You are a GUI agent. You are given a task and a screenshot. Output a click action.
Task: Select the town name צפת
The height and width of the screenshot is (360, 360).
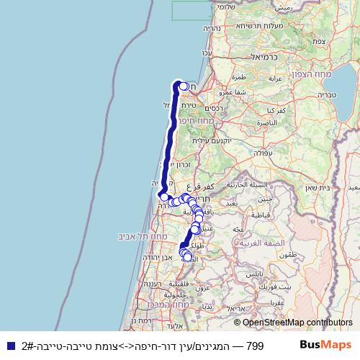coord(320,42)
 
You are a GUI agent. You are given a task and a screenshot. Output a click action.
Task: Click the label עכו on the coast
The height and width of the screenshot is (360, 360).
coord(207,52)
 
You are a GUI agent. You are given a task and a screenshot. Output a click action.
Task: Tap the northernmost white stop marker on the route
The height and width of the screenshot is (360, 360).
coord(184,86)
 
